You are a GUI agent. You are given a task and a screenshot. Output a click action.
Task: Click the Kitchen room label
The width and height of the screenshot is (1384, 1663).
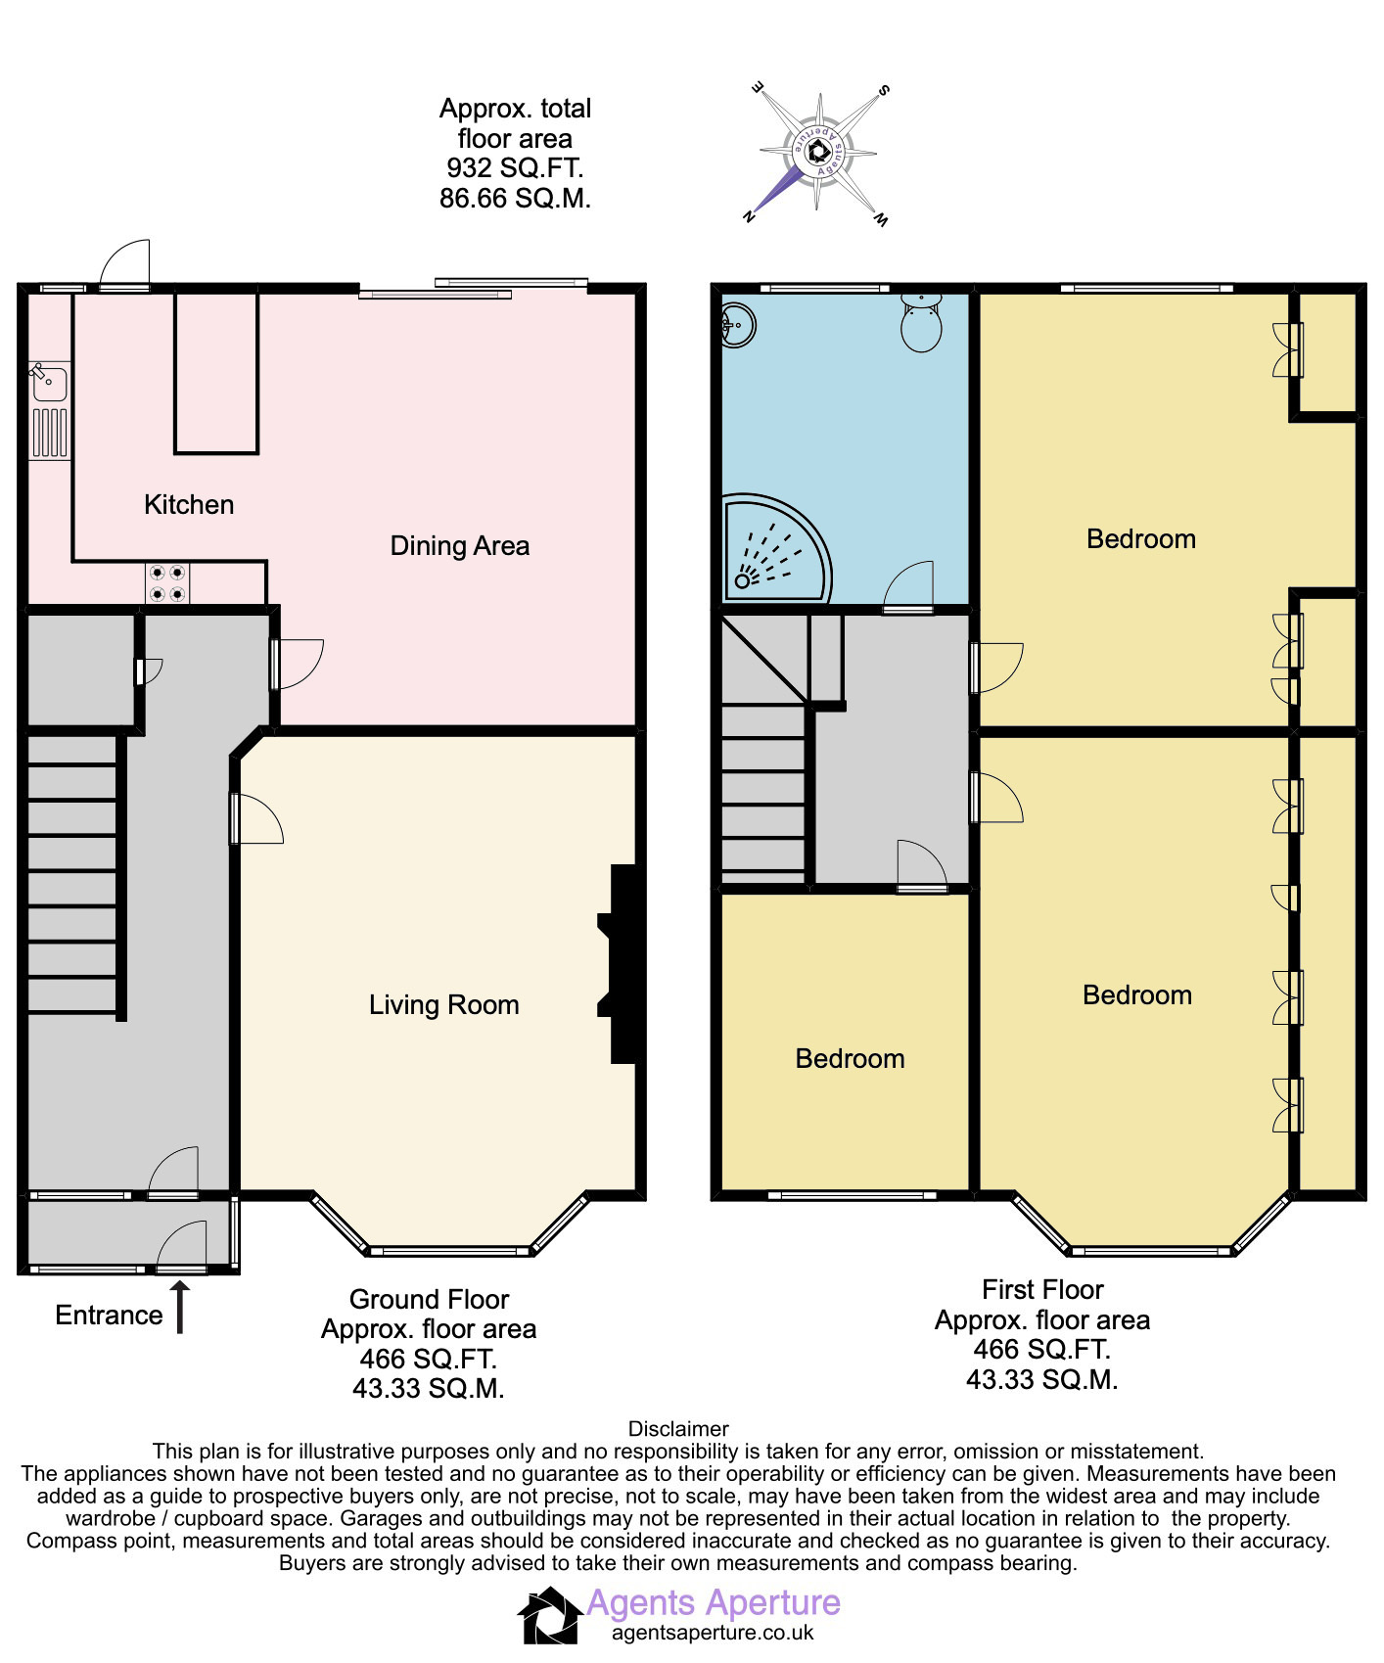tap(189, 505)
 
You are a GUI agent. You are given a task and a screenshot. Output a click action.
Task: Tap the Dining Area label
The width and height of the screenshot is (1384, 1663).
tap(460, 546)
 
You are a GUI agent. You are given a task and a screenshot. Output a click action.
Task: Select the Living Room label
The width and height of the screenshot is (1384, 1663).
tap(443, 1005)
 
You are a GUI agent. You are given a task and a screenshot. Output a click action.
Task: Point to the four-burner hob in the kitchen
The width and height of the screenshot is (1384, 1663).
tap(167, 583)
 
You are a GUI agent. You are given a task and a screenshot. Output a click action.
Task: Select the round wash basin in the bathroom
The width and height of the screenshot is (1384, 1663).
tap(737, 325)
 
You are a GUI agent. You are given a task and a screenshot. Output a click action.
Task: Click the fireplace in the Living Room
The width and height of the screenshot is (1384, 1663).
tap(620, 964)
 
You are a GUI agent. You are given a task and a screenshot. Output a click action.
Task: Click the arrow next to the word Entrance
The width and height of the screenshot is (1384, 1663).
tap(180, 1308)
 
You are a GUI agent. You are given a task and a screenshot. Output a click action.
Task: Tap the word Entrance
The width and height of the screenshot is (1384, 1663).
tap(109, 1316)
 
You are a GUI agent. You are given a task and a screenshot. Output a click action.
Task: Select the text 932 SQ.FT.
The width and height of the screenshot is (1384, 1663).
tap(515, 168)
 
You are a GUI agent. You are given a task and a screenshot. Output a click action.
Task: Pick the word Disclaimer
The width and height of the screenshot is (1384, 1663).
tap(678, 1429)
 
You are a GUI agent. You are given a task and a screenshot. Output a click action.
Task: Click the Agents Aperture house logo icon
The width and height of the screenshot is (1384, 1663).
tap(549, 1616)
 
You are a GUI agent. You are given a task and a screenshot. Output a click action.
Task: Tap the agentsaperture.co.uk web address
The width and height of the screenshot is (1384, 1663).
tap(713, 1633)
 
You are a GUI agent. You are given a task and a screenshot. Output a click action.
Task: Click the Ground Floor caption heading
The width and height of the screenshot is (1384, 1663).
tap(429, 1300)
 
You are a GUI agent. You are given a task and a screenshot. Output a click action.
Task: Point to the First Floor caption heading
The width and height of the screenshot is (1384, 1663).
tap(1042, 1290)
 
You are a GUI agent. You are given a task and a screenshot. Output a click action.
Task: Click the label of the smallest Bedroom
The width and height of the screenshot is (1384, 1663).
tap(850, 1059)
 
